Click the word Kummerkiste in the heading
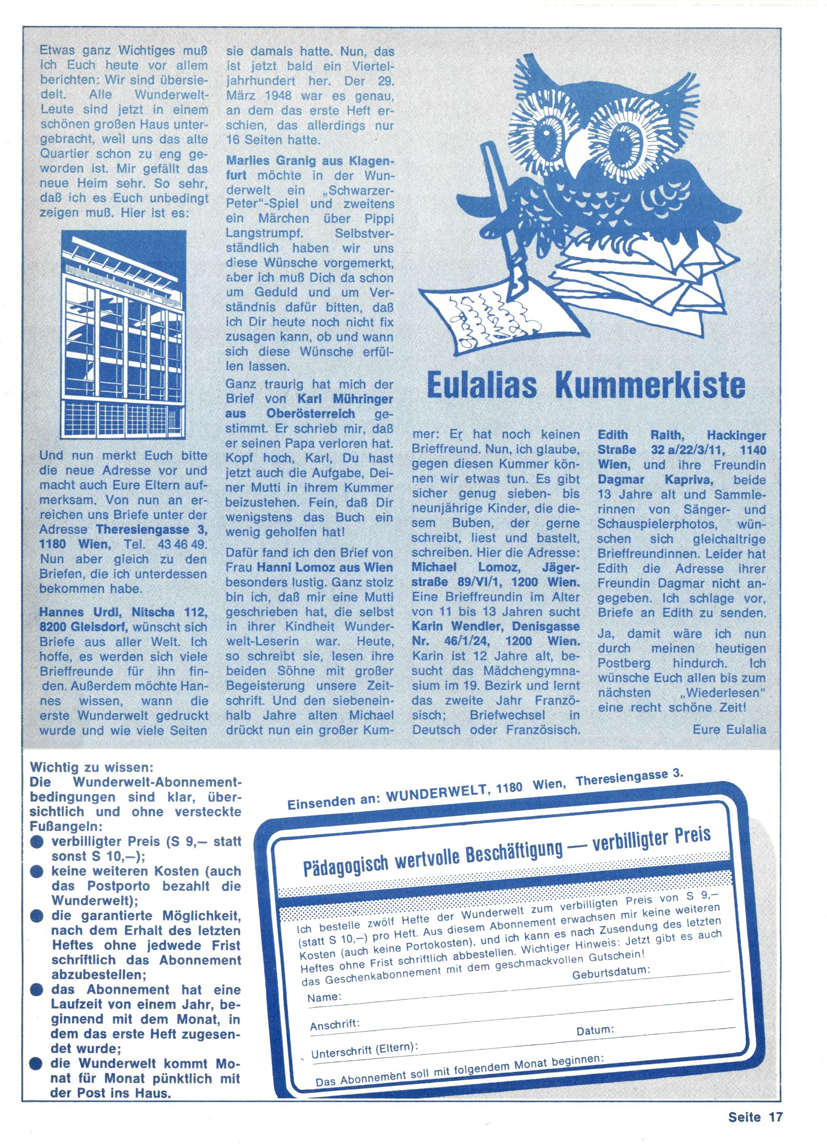650,386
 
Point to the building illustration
123,334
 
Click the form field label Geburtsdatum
611,973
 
